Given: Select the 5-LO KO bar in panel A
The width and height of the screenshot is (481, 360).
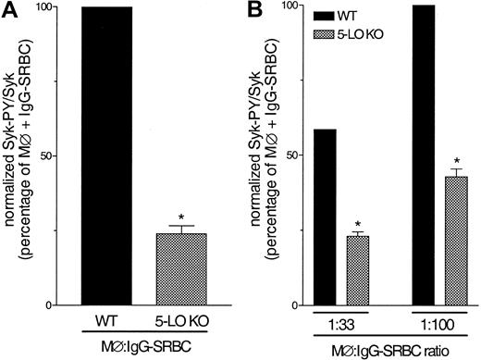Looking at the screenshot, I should coord(181,269).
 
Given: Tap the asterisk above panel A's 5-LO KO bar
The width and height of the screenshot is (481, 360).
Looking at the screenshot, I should coord(181,217).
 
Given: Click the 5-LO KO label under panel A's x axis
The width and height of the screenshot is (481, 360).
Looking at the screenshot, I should coord(182,322).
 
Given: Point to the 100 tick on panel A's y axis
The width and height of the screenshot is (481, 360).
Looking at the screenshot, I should coord(63,6).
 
